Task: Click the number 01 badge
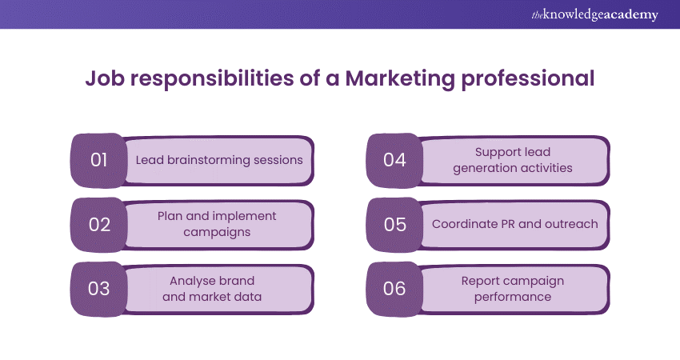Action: (x=99, y=160)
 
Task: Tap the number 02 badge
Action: (x=99, y=224)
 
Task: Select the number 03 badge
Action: (x=99, y=289)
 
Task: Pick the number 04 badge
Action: (x=394, y=160)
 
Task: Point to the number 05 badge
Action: (x=394, y=224)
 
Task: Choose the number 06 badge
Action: (x=394, y=289)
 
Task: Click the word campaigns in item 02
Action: (x=216, y=232)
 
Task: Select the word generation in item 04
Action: (x=488, y=168)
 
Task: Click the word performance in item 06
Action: (x=512, y=297)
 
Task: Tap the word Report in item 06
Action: (x=481, y=281)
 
